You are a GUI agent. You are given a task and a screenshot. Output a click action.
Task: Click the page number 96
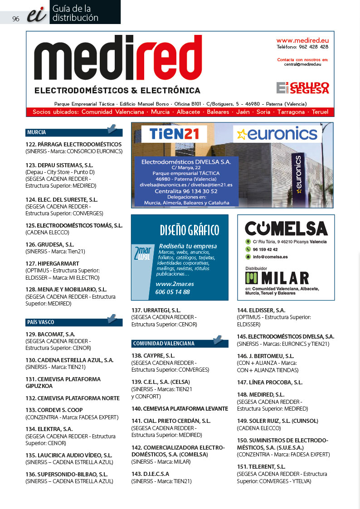click(16, 19)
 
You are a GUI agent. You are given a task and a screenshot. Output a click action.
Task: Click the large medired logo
click(118, 59)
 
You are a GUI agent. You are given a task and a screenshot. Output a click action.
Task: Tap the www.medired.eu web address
click(302, 40)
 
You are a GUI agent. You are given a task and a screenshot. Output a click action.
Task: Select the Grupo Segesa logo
click(302, 87)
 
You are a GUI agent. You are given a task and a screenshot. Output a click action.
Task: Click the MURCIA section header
click(37, 133)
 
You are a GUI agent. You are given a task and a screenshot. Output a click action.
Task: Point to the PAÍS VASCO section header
click(41, 322)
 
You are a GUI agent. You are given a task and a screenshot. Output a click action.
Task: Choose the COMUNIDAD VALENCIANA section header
click(164, 344)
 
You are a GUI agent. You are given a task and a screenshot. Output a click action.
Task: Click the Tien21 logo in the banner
click(174, 134)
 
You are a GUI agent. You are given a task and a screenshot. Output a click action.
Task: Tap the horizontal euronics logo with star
click(277, 134)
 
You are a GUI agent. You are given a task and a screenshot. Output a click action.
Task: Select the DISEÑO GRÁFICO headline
click(189, 230)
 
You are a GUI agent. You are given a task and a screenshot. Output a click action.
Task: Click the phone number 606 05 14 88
click(172, 292)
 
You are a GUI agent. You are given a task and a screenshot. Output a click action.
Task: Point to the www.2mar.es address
click(175, 284)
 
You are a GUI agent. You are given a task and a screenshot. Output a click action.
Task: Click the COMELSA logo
click(286, 228)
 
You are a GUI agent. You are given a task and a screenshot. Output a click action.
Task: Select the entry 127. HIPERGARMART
click(52, 263)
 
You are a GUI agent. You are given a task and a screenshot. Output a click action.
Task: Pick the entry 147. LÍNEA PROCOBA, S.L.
click(269, 383)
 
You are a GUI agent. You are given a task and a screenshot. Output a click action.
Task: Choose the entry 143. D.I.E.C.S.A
click(150, 474)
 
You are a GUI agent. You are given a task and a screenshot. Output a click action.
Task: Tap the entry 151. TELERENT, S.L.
click(261, 466)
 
